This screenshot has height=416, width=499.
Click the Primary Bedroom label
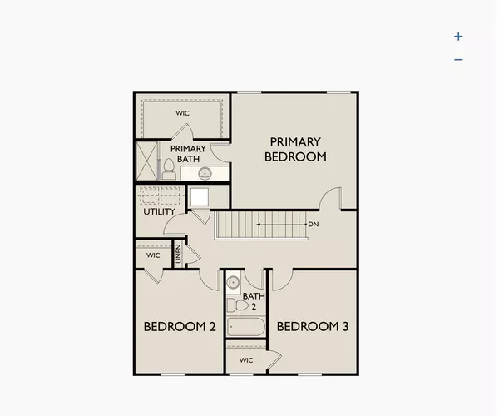[295, 149]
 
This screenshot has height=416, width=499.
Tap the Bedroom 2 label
[180, 327]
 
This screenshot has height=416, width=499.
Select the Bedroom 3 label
[312, 327]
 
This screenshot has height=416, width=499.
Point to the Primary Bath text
[188, 154]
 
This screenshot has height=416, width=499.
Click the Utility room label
[159, 211]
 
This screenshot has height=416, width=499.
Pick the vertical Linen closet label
[178, 255]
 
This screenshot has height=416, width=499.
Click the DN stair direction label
[314, 225]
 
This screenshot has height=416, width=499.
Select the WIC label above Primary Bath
[182, 112]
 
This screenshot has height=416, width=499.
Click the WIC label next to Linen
[152, 255]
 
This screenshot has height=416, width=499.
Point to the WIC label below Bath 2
[246, 360]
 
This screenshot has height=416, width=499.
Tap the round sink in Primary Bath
[204, 173]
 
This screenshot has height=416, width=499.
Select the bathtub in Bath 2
[246, 327]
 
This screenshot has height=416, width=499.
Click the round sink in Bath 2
[234, 281]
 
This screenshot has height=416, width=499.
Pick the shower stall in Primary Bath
[146, 161]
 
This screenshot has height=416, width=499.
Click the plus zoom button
[458, 37]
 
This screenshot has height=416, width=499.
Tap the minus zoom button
[458, 59]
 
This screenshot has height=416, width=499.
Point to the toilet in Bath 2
[241, 305]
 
